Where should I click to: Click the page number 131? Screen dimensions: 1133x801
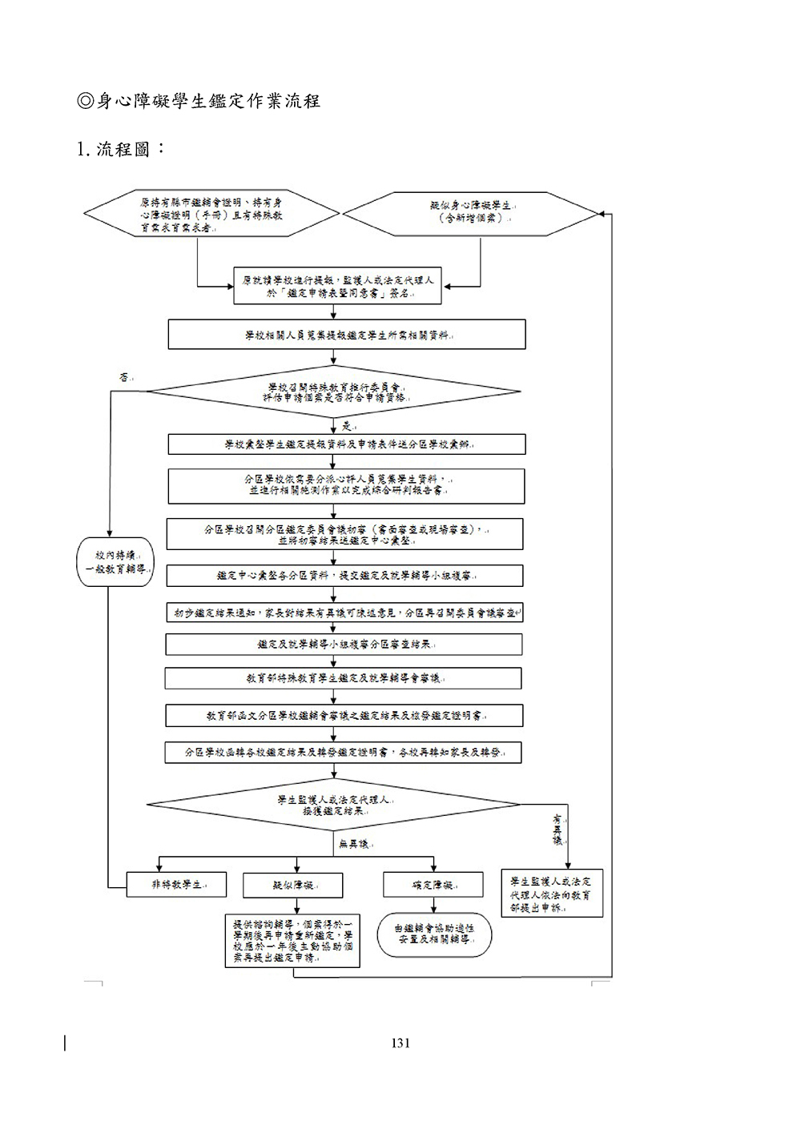tap(400, 1043)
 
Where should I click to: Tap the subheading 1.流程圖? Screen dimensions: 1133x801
tap(120, 149)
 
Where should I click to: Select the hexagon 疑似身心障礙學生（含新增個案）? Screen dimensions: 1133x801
tap(470, 212)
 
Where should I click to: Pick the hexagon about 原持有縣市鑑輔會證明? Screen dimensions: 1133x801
tap(211, 214)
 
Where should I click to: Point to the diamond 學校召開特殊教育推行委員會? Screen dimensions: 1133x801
tap(335, 391)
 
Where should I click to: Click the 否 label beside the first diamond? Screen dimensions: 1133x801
tap(124, 376)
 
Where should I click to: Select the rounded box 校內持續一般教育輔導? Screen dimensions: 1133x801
tap(115, 562)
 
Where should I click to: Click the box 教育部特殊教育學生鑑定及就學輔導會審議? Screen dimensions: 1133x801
tap(343, 678)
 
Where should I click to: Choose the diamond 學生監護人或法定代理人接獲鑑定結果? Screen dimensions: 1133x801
tap(335, 805)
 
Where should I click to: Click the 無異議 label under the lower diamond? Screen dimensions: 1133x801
tap(353, 844)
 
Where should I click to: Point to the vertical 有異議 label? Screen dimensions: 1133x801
tap(557, 830)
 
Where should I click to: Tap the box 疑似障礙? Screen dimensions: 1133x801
tap(293, 885)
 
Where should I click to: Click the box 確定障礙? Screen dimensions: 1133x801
tap(433, 885)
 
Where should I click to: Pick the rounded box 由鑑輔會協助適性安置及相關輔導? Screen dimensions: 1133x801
tap(434, 934)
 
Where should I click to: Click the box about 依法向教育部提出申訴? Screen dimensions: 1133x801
tap(551, 894)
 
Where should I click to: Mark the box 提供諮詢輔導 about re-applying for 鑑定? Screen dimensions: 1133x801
tap(292, 941)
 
